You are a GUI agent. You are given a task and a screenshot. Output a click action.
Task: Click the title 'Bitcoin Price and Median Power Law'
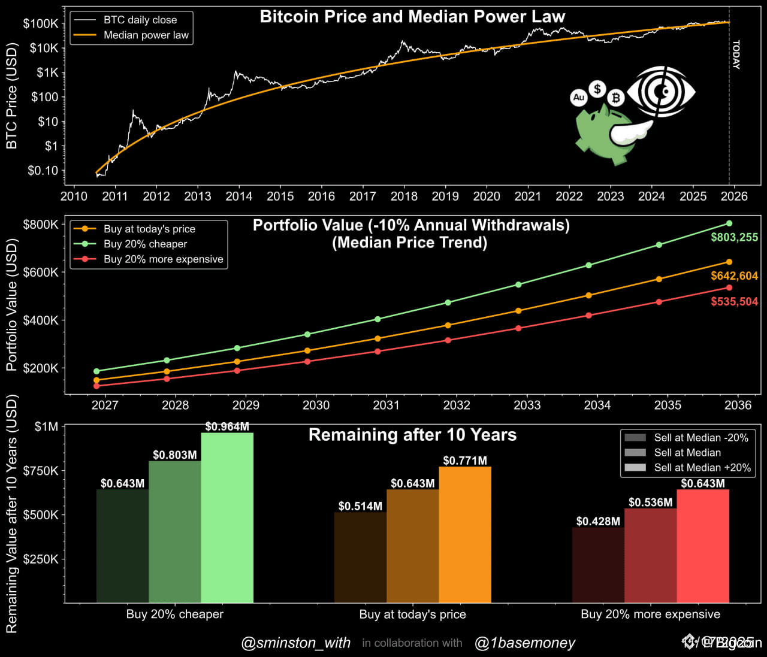(x=412, y=17)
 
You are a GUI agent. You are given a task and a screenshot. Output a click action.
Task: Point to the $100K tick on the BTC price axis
(x=41, y=24)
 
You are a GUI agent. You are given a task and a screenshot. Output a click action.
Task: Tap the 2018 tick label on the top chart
(x=404, y=196)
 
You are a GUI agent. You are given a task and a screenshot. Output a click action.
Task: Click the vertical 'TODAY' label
(x=736, y=55)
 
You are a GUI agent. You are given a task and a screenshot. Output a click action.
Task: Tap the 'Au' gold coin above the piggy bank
(x=578, y=97)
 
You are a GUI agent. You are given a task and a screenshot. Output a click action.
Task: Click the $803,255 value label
(x=734, y=237)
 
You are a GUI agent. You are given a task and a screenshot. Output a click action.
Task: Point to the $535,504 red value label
(x=734, y=302)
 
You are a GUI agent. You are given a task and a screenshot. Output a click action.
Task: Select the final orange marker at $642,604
(x=729, y=262)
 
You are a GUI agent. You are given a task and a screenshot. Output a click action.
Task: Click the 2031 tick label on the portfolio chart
(x=386, y=405)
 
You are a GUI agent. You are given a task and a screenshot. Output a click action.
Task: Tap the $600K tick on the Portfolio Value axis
(x=41, y=273)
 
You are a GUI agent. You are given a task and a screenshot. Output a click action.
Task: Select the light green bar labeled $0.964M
(x=227, y=518)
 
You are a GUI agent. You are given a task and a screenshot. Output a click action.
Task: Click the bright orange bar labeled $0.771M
(x=465, y=534)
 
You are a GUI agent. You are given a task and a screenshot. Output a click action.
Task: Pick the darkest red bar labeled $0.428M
(x=598, y=565)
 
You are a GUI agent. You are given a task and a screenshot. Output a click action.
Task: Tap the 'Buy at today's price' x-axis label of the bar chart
(x=412, y=614)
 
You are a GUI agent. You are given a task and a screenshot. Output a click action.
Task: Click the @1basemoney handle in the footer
(x=525, y=643)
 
